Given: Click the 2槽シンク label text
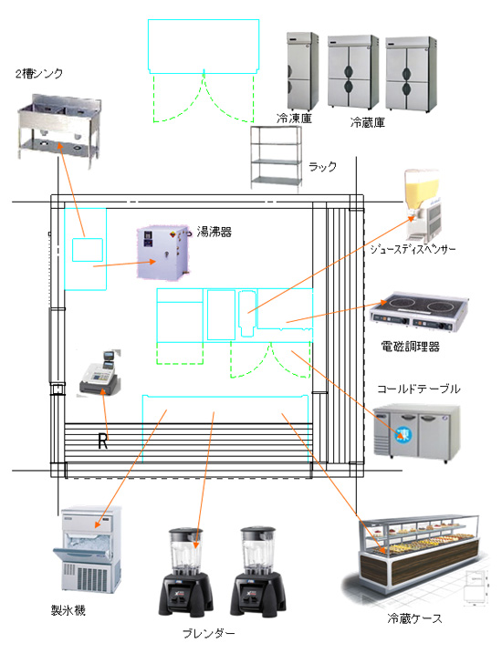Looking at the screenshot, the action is (x=39, y=74).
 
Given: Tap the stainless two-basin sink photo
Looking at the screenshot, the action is (x=58, y=130).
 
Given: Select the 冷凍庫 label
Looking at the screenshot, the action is (x=294, y=119).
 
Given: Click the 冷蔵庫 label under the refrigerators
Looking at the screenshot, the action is (x=367, y=122).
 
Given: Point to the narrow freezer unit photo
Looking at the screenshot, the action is (x=302, y=71).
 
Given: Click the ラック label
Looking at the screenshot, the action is (x=322, y=167).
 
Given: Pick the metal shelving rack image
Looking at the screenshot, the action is (x=276, y=159).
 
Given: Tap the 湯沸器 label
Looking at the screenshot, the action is (x=214, y=232).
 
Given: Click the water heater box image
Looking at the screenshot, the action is (x=162, y=253).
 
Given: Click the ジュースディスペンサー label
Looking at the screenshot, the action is (x=413, y=249).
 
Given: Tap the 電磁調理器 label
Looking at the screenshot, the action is (x=410, y=347).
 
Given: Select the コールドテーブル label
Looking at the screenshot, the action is (x=419, y=389).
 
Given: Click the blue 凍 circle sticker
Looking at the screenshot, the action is (x=403, y=434).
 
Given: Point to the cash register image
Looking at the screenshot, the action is (x=100, y=374).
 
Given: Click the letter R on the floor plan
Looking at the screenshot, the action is (x=102, y=441).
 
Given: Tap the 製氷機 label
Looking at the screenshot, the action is (x=68, y=610).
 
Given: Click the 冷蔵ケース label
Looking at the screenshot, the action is (x=414, y=618).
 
